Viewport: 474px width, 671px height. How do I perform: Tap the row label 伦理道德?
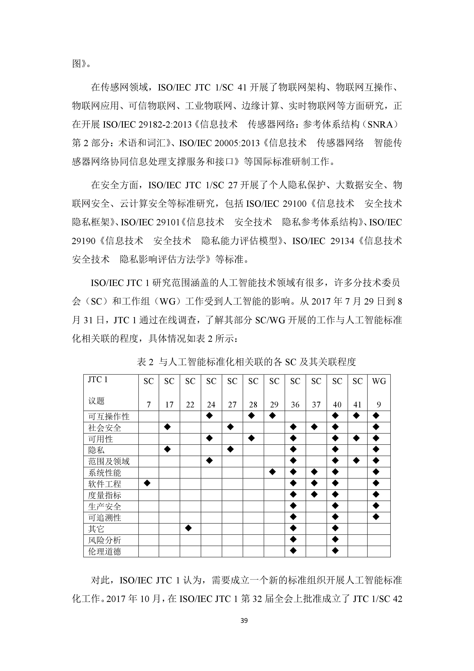(x=105, y=551)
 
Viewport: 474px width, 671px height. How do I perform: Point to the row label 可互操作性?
(x=109, y=416)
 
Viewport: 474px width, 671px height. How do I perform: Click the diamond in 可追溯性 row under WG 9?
(x=376, y=517)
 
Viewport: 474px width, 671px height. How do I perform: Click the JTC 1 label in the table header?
(x=98, y=380)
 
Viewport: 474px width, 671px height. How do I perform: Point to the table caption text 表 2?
(x=145, y=362)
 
